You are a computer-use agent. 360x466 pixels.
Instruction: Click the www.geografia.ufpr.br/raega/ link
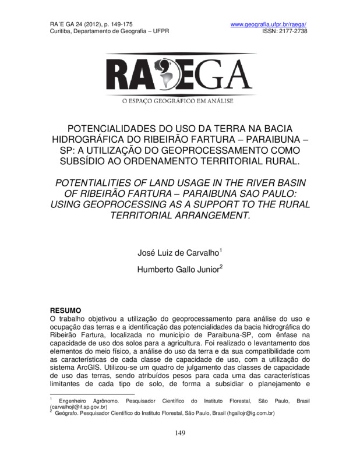pyautogui.click(x=269, y=24)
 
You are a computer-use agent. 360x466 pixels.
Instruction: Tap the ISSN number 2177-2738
pyautogui.click(x=291, y=31)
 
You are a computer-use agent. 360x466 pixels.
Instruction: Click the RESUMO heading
pyautogui.click(x=65, y=311)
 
